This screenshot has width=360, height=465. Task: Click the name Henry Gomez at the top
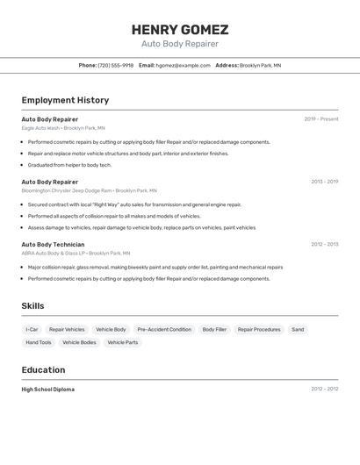[x=180, y=30]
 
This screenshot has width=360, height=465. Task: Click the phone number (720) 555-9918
[x=116, y=65]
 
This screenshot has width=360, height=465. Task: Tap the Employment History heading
[x=65, y=100]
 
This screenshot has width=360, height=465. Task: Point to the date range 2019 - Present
[x=321, y=119]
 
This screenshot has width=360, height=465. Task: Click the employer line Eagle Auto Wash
[x=63, y=128]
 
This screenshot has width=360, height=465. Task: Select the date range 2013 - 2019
[x=324, y=182]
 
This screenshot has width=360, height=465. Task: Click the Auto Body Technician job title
[x=53, y=245]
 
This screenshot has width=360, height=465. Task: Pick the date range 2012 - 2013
[x=324, y=245]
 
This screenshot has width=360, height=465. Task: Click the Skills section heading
[x=32, y=306]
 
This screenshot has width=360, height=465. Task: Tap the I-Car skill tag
[x=32, y=330]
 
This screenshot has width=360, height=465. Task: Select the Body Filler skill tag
[x=214, y=330]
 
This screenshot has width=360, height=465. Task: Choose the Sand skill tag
[x=298, y=330]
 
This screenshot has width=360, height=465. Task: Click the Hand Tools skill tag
[x=39, y=343]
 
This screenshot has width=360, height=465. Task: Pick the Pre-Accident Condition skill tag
[x=164, y=330]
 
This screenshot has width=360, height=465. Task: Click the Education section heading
[x=43, y=370]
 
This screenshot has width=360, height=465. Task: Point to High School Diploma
[x=48, y=390]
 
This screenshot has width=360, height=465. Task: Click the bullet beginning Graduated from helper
[x=69, y=165]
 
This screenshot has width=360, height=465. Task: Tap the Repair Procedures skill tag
[x=259, y=330]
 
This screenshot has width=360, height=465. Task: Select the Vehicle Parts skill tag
[x=122, y=343]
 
